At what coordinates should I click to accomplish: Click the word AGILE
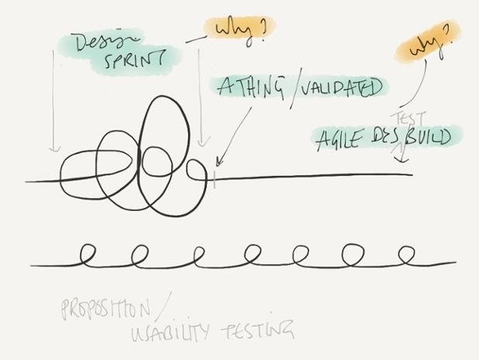[341, 140]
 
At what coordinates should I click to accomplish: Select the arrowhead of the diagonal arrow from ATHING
[217, 164]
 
